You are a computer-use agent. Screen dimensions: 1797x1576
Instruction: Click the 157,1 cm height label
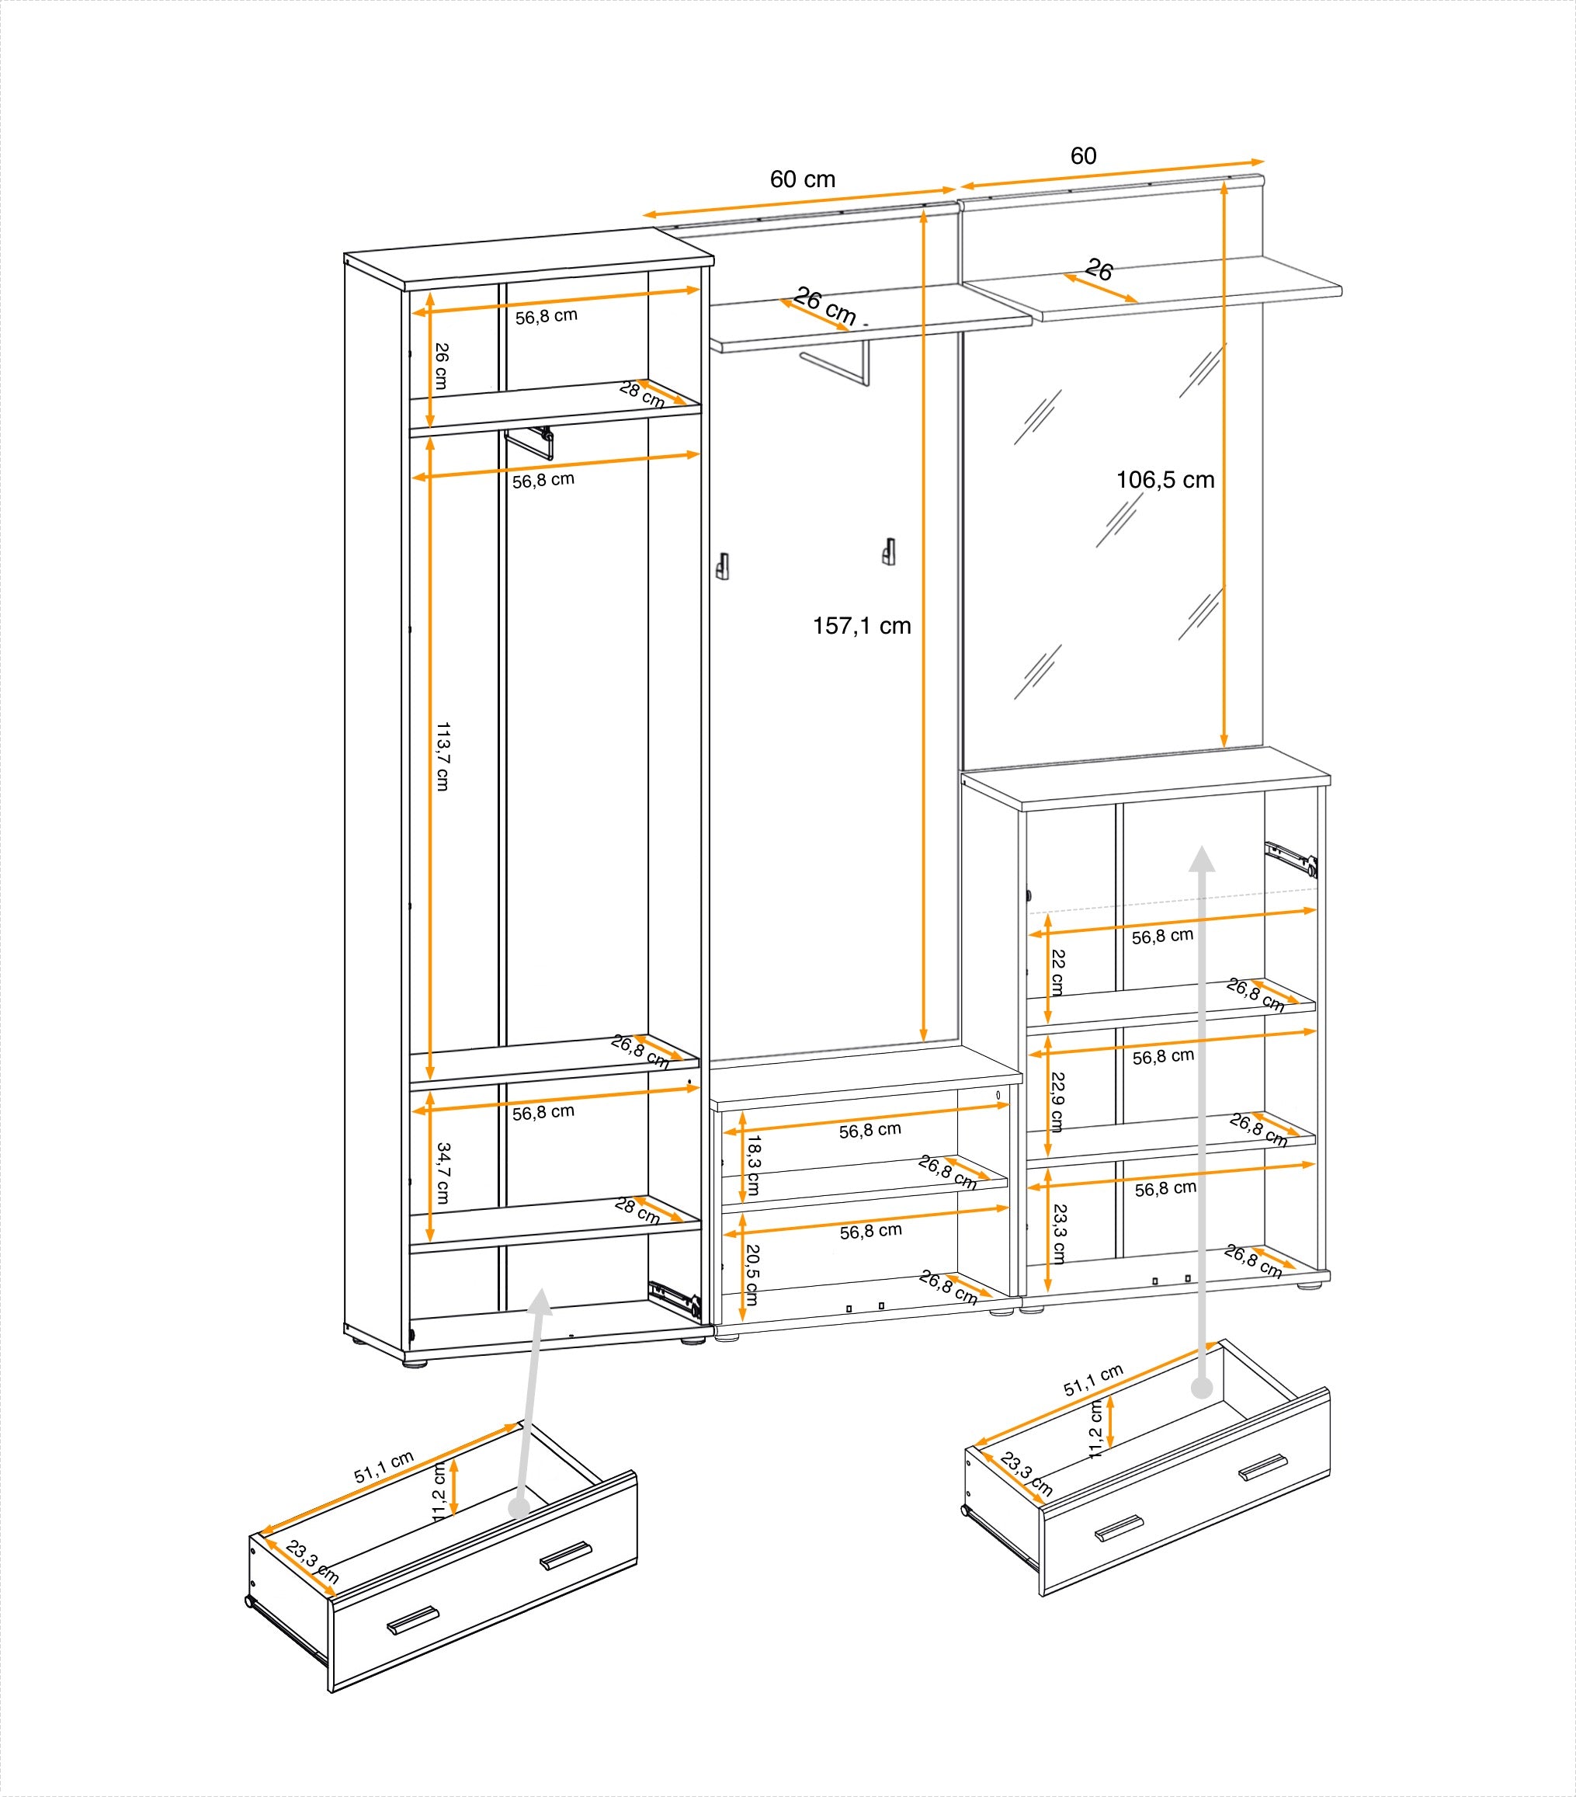tap(862, 626)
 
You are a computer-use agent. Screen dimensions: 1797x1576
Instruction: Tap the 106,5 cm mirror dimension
tap(1165, 480)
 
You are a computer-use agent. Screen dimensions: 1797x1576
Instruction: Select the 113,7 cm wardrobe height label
tap(442, 756)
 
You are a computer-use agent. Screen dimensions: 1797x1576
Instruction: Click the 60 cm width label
tap(802, 179)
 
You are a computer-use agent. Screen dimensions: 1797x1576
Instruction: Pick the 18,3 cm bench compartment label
tap(753, 1165)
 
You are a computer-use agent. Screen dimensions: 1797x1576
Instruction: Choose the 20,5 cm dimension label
tap(752, 1274)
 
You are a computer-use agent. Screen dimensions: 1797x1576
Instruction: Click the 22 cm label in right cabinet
tap(1057, 972)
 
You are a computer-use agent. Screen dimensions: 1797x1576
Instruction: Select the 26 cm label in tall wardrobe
tap(441, 366)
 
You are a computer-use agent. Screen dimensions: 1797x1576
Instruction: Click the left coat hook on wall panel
tap(723, 566)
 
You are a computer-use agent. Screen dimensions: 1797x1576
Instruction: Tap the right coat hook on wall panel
tap(889, 552)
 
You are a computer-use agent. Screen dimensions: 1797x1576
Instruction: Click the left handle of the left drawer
tap(412, 1619)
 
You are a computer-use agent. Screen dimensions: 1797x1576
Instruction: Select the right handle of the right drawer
tap(1262, 1467)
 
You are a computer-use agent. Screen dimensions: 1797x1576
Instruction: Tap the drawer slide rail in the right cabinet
tap(1290, 858)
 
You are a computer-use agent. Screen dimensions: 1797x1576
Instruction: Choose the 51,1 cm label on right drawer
tap(1092, 1379)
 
